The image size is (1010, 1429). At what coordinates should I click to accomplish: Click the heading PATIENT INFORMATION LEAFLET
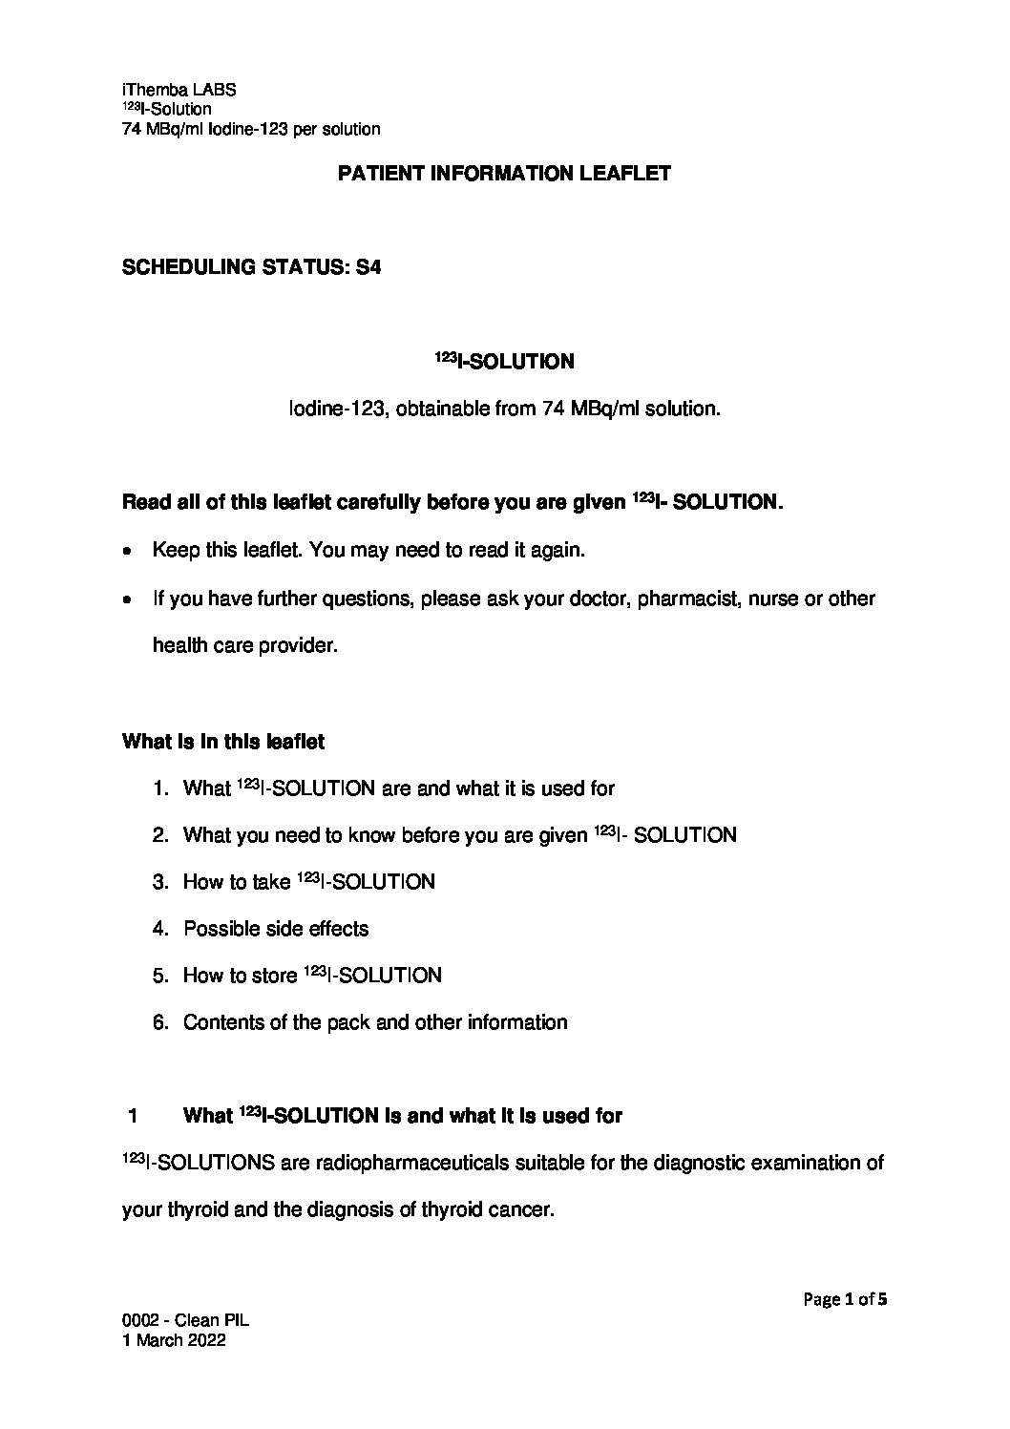pyautogui.click(x=505, y=174)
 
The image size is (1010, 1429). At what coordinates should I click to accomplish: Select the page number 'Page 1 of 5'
pyautogui.click(x=845, y=1298)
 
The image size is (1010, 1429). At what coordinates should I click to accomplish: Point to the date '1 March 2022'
pyautogui.click(x=174, y=1339)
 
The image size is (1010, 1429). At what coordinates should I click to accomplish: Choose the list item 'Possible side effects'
pyautogui.click(x=276, y=929)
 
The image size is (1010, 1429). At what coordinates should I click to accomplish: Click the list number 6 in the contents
pyautogui.click(x=159, y=1022)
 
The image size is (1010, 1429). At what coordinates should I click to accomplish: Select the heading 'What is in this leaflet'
pyautogui.click(x=223, y=742)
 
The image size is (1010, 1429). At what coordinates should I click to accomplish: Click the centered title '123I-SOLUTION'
pyautogui.click(x=505, y=362)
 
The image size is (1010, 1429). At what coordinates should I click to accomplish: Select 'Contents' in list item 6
pyautogui.click(x=221, y=1022)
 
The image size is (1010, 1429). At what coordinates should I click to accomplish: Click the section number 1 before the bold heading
pyautogui.click(x=135, y=1116)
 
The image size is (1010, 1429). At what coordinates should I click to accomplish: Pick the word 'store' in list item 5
pyautogui.click(x=275, y=976)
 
